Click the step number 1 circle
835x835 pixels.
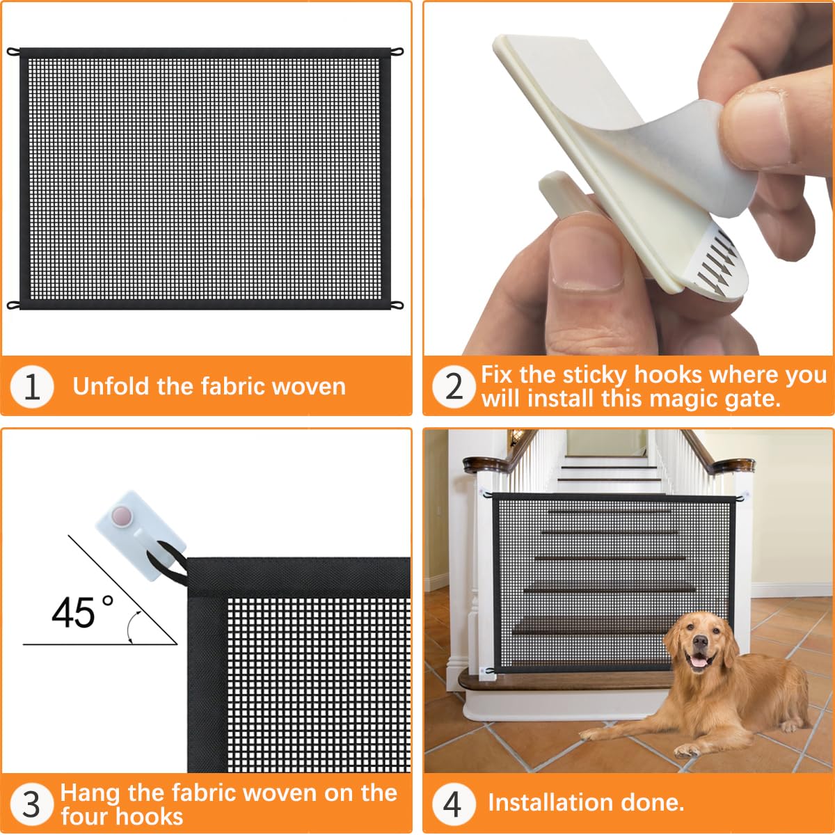32,386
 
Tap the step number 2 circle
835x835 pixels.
454,386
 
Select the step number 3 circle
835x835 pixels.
32,804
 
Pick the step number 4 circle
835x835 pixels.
453,804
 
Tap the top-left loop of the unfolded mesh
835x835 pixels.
13,51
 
